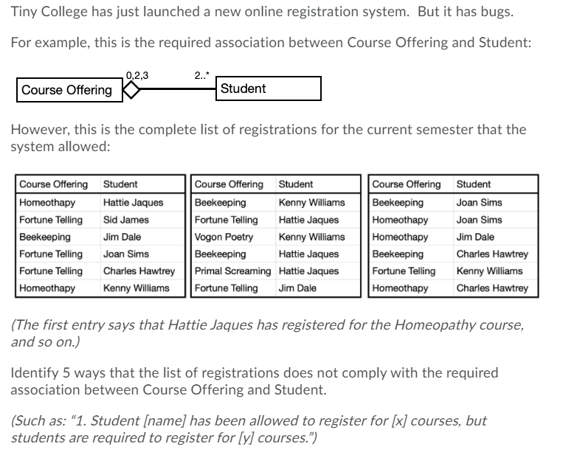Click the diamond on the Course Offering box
(x=131, y=90)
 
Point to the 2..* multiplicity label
(x=201, y=74)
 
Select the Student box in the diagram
(x=269, y=89)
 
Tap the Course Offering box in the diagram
(x=67, y=90)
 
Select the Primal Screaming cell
(x=233, y=271)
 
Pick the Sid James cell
(x=126, y=220)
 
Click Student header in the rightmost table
(x=473, y=184)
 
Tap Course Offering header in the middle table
(x=229, y=184)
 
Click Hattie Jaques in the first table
(x=134, y=202)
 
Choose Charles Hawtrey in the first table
(x=139, y=271)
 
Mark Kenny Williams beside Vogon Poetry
(x=311, y=237)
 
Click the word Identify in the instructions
(x=35, y=372)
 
